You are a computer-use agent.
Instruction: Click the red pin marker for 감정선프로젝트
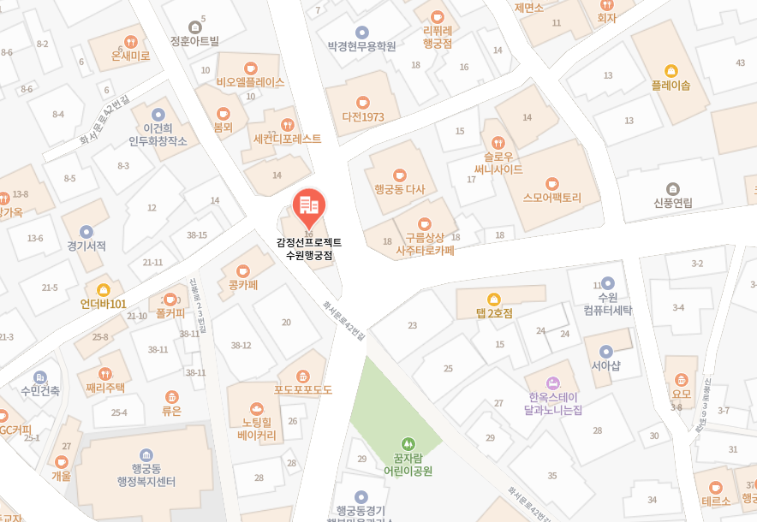[x=308, y=206]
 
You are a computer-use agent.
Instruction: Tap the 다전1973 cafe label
[x=362, y=116]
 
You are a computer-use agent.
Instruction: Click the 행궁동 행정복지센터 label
[x=146, y=475]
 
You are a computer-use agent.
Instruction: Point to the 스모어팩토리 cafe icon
[x=552, y=182]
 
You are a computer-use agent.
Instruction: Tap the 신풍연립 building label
[x=672, y=203]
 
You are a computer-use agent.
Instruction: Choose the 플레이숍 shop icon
[x=671, y=71]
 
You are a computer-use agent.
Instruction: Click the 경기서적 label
[x=86, y=246]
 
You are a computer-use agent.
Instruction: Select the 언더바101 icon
[x=103, y=289]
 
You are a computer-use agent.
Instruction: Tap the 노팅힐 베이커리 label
[x=257, y=429]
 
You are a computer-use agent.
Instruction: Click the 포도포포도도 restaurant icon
[x=302, y=376]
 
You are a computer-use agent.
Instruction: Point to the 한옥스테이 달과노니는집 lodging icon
[x=554, y=383]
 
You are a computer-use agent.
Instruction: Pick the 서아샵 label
[x=605, y=365]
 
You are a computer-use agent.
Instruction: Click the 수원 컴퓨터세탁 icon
[x=607, y=283]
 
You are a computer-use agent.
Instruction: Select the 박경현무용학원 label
[x=361, y=46]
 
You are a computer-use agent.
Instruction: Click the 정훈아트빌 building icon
[x=194, y=27]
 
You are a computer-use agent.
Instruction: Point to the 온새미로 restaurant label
[x=130, y=56]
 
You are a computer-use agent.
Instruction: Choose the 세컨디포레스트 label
[x=287, y=139]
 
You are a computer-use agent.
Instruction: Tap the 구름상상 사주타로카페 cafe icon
[x=425, y=223]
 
